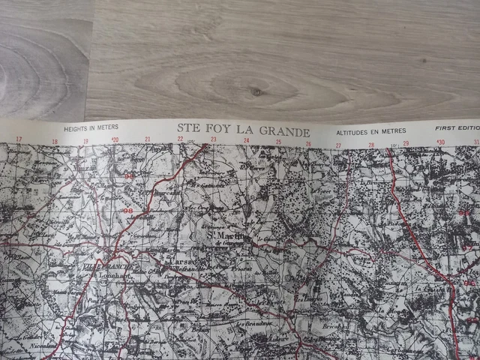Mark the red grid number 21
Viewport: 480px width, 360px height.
[x=148, y=139]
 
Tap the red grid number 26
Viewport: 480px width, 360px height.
[x=308, y=142]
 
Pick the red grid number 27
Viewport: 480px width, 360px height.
[x=338, y=145]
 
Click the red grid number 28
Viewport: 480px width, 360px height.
[x=370, y=144]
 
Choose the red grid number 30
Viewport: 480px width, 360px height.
[x=440, y=142]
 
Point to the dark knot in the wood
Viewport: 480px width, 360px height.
[x=258, y=91]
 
